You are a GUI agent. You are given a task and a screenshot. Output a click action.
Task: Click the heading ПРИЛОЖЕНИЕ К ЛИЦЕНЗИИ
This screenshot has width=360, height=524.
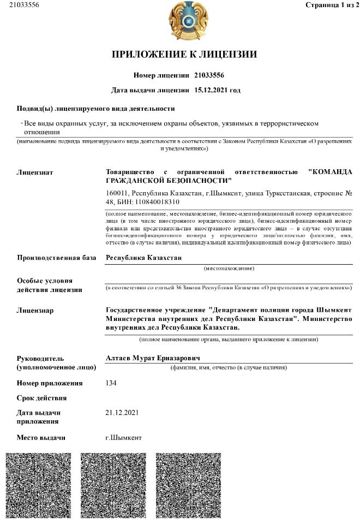coord(184,54)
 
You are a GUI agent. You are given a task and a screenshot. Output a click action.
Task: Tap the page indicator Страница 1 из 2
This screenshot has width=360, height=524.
coord(329,5)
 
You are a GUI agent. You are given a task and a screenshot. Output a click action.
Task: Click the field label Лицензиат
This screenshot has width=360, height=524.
coord(35,172)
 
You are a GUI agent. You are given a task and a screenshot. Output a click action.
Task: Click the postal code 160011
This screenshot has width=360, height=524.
coord(117,193)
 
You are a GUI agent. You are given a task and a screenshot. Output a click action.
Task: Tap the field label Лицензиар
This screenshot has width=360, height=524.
coord(35,310)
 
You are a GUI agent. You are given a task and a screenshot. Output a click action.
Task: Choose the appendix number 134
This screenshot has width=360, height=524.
coord(111,383)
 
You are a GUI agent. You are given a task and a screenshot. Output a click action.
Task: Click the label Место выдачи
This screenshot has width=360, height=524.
coord(41,438)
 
